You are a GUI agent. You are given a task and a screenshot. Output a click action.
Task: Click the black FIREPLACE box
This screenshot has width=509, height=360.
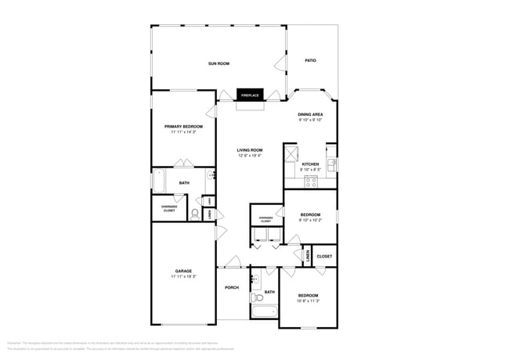[250, 95]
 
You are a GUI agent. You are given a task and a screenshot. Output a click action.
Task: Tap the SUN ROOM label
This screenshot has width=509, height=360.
[218, 63]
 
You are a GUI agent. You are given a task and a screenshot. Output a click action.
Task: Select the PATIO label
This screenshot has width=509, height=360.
[310, 60]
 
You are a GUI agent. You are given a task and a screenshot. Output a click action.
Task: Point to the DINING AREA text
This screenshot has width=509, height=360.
[311, 114]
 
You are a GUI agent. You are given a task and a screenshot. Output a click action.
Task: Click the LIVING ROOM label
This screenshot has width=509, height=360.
[250, 149]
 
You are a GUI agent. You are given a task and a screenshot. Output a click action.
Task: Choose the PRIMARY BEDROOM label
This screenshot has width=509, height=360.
[183, 126]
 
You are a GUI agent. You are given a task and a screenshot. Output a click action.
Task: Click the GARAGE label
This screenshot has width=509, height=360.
[183, 271]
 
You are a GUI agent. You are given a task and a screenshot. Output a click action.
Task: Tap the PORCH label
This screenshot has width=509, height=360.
[232, 287]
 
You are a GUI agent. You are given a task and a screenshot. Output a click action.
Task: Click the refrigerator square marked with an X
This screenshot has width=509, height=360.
[292, 153]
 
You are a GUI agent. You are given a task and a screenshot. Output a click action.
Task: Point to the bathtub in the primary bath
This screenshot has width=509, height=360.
[159, 182]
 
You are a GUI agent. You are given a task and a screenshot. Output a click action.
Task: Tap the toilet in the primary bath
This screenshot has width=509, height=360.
[194, 213]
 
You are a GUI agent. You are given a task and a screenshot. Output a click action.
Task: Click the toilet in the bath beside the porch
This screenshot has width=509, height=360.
[257, 297]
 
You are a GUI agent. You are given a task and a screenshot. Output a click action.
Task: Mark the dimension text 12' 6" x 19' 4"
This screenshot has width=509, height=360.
[250, 155]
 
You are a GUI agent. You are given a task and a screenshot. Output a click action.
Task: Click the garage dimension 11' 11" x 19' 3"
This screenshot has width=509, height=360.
[183, 276]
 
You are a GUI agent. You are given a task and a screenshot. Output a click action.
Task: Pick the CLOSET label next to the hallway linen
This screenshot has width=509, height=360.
[324, 256]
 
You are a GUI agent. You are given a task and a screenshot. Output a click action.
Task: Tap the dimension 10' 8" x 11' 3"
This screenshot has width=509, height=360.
[308, 300]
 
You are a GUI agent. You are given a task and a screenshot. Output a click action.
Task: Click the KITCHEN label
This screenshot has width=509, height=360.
[311, 164]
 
